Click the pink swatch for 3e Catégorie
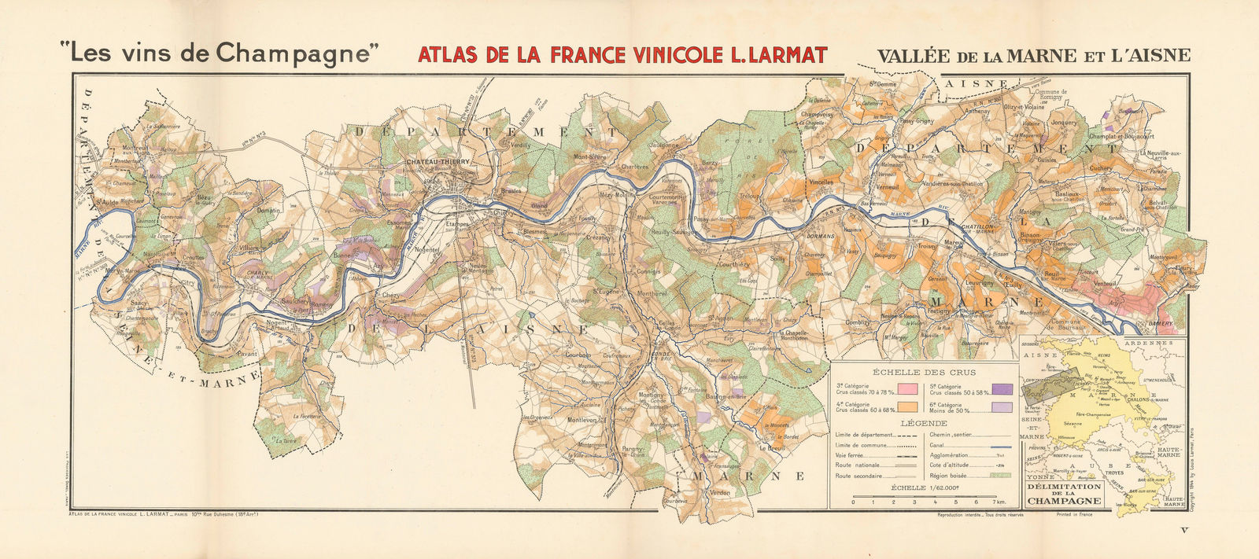click(909, 389)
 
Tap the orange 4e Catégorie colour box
click(909, 407)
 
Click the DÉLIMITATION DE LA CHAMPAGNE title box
click(1063, 494)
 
